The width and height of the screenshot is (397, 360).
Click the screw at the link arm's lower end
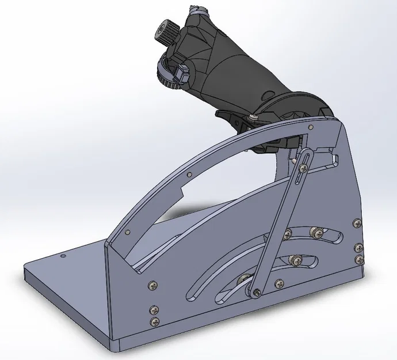click(255, 293)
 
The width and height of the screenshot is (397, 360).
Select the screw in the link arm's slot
click(301, 167)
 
